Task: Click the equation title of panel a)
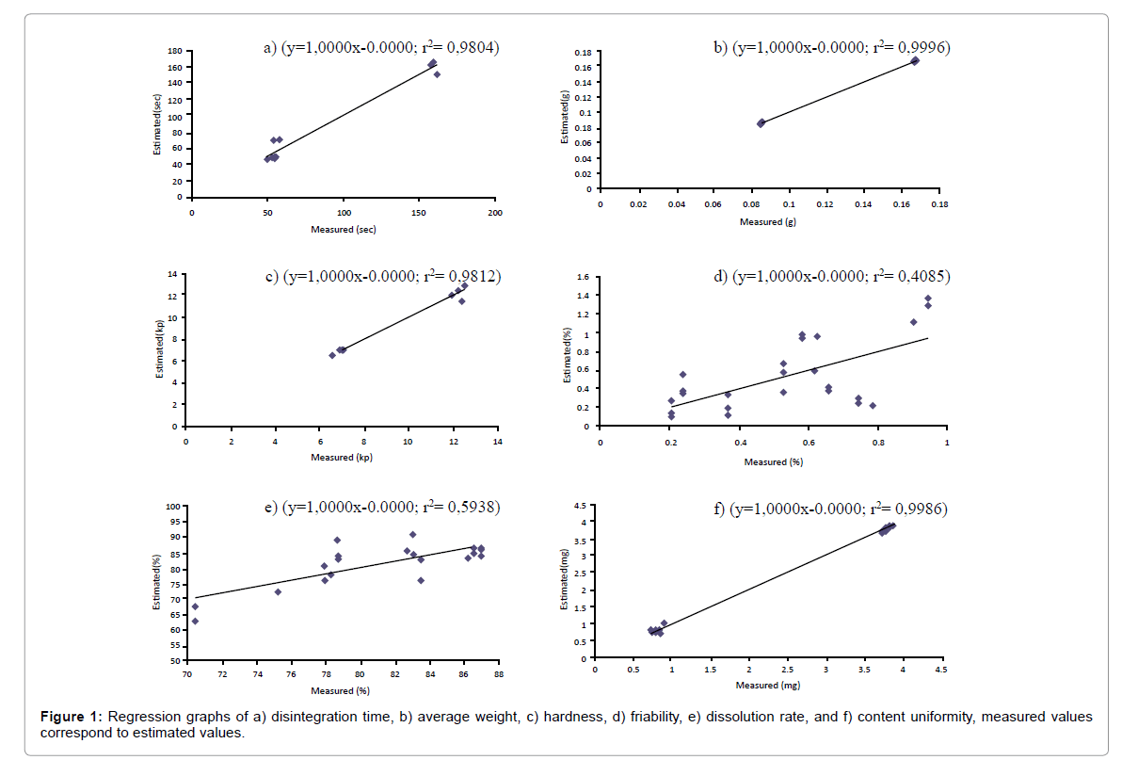pos(380,46)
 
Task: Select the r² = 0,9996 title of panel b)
pos(829,46)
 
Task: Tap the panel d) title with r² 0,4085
pos(829,276)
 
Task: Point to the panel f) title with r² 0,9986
pos(829,509)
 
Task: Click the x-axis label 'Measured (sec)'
pos(344,230)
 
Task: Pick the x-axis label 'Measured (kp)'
pos(342,457)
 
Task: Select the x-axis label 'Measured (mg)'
pos(767,685)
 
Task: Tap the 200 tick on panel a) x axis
pos(495,213)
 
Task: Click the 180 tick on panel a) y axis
pos(175,51)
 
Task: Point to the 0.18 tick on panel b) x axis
pos(938,203)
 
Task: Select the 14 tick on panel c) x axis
pos(496,440)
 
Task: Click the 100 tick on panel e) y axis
pos(173,507)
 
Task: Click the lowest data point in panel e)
pos(195,621)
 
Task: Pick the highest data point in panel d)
pos(928,299)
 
